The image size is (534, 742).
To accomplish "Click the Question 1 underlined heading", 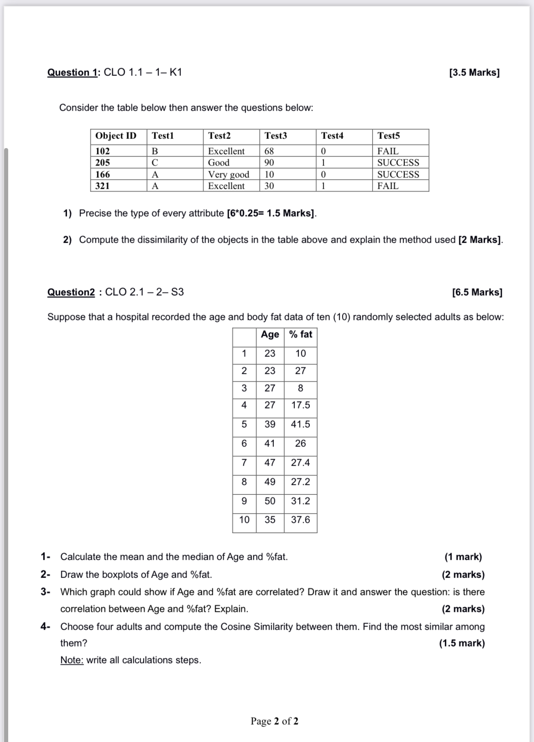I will pos(73,72).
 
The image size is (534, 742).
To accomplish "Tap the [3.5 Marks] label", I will pos(474,72).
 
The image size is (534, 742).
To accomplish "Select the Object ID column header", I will pos(116,136).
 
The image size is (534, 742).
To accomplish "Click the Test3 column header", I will pos(276,136).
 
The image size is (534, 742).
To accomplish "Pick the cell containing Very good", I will pos(229,175).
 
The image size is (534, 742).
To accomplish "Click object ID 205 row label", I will pos(103,163).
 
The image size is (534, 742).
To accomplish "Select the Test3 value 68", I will pos(269,151).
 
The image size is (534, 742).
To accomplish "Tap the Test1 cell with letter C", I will pos(155,163).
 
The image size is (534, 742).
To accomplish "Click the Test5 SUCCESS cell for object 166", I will pos(398,175).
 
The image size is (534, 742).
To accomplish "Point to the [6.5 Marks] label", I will pos(477,292).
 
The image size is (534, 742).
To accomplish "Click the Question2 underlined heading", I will pos(71,292).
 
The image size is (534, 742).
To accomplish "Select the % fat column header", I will pos(301,334).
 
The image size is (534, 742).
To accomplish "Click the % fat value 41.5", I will pos(300,424).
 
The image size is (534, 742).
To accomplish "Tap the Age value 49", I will pos(270,482).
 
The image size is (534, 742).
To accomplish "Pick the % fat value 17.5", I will pos(300,405).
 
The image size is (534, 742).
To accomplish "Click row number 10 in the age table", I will pos(244,520).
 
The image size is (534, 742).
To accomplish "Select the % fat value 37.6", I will pos(300,520).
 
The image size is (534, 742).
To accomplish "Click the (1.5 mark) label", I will pos(462,643).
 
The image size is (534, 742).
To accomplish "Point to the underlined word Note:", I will pos(72,660).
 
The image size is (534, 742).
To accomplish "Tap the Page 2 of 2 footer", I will pos(274,721).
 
